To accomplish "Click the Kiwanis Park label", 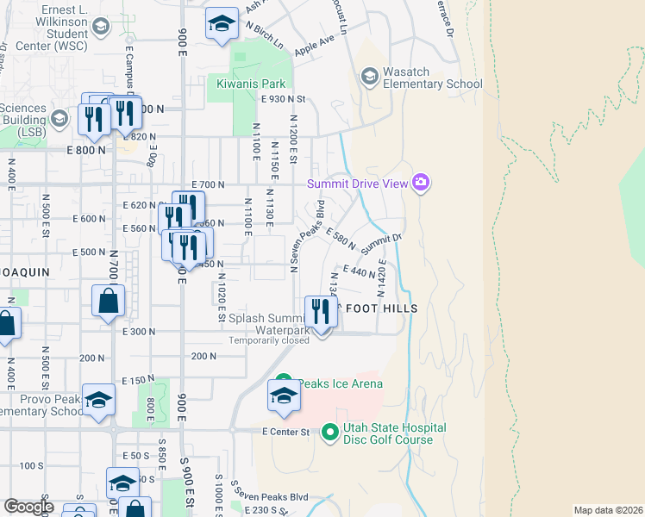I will point(250,84).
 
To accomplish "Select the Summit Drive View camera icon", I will point(421,182).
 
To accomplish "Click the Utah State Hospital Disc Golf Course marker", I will point(329,432).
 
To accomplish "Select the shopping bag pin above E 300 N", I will point(109,302).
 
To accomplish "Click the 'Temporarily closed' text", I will point(268,340).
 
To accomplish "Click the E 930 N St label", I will point(284,100).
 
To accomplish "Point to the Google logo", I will point(28,507).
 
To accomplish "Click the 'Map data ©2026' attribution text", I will point(607,510).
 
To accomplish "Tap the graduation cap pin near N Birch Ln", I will point(222,24).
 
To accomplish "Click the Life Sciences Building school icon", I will point(59,118).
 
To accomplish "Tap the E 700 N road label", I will point(209,184).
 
